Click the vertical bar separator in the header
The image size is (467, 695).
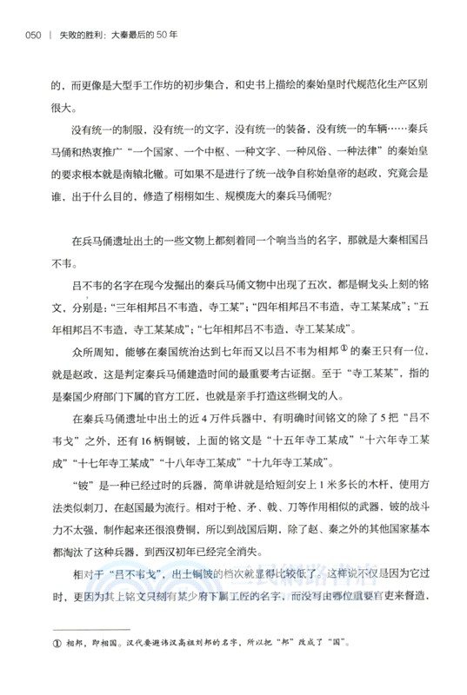click(x=51, y=36)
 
